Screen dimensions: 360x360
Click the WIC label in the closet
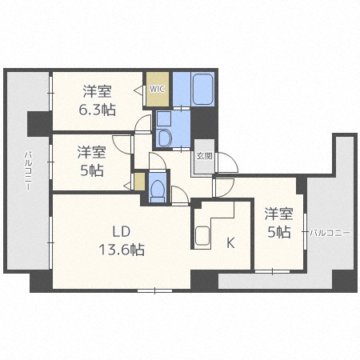tap(157, 89)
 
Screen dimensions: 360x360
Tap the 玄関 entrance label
tap(205, 156)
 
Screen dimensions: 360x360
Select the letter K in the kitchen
tap(230, 243)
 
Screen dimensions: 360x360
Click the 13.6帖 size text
tap(122, 250)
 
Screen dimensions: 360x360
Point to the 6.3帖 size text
tap(98, 110)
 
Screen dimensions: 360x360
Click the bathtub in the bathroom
tap(202, 89)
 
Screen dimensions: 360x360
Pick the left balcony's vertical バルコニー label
tap(28, 171)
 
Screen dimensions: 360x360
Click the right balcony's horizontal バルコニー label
tap(330, 233)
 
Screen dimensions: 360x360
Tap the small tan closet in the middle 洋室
tap(139, 182)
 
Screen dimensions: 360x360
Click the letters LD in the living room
tap(121, 231)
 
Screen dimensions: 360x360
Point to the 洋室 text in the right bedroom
tap(278, 214)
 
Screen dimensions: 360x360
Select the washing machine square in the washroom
tap(164, 119)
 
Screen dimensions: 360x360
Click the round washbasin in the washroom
tap(163, 138)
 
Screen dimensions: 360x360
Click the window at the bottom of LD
tap(155, 290)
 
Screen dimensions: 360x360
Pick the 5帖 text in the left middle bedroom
tap(92, 170)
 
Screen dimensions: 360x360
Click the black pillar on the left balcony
tap(40, 124)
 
